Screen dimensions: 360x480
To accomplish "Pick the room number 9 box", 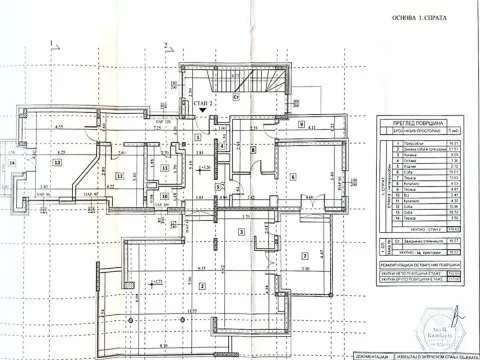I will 301,123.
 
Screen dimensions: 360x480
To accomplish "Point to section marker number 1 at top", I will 47,42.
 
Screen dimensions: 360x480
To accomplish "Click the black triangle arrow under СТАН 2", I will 204,111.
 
